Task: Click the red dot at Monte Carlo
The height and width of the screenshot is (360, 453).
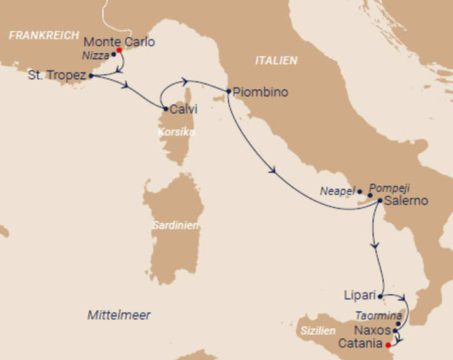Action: pyautogui.click(x=119, y=50)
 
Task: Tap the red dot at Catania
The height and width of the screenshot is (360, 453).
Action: pyautogui.click(x=389, y=345)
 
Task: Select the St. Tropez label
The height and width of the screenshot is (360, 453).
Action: pyautogui.click(x=57, y=76)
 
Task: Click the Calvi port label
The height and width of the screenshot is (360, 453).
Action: pyautogui.click(x=184, y=109)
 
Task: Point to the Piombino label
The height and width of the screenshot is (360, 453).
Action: pyautogui.click(x=261, y=92)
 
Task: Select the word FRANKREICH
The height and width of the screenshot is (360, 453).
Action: pyautogui.click(x=44, y=36)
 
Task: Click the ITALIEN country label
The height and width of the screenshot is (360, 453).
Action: pyautogui.click(x=275, y=60)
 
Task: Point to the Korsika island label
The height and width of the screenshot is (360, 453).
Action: pyautogui.click(x=176, y=132)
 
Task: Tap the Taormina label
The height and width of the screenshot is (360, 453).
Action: pyautogui.click(x=379, y=315)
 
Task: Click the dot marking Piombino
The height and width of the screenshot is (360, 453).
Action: pyautogui.click(x=228, y=92)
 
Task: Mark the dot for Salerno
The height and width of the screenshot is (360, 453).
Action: pyautogui.click(x=380, y=201)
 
